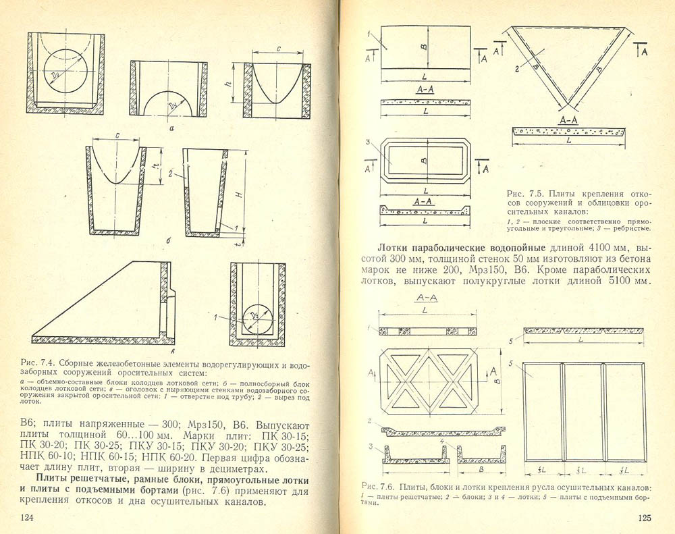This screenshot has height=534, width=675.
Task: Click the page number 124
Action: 27,517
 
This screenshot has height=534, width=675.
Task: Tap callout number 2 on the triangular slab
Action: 516,68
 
